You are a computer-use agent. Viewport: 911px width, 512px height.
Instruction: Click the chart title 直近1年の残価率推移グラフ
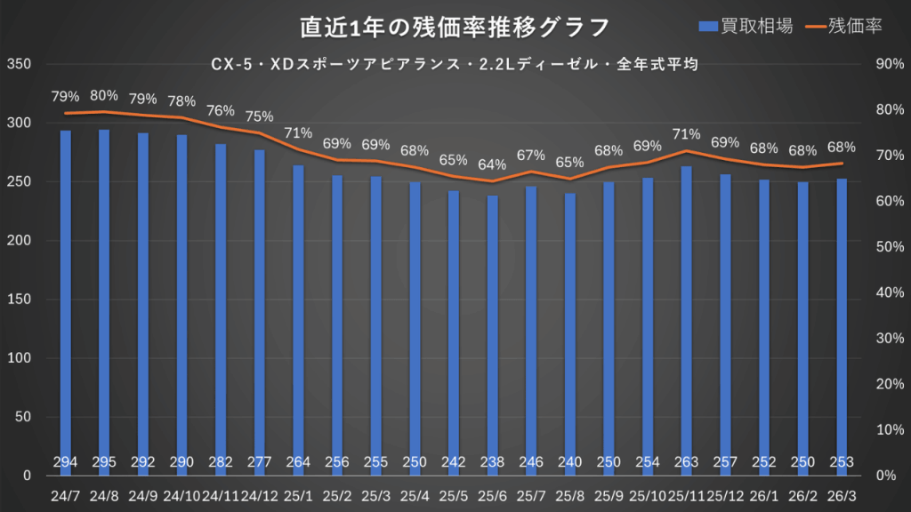(455, 27)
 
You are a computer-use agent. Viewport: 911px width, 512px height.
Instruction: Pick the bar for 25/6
(492, 329)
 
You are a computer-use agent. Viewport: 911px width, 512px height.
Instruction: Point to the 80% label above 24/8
(104, 95)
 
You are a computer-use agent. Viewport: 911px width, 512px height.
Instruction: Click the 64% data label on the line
(492, 164)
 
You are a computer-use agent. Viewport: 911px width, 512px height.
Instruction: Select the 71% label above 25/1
(298, 133)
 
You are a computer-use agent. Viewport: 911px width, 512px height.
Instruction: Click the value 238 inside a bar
(492, 461)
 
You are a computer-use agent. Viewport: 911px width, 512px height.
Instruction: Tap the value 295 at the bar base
(104, 461)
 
